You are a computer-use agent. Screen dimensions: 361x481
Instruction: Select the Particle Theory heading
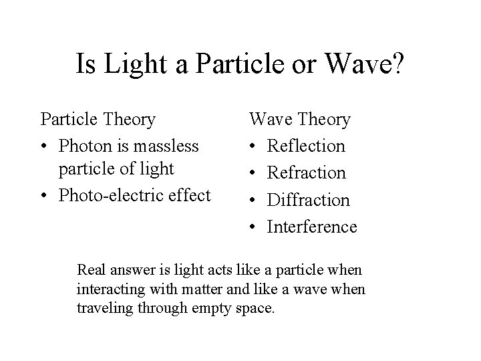click(98, 120)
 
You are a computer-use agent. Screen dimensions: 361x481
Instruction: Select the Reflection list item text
click(306, 146)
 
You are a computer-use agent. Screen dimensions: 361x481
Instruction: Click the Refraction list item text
click(307, 173)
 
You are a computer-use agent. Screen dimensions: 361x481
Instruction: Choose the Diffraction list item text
click(308, 200)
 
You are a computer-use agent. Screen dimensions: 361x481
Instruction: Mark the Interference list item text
click(312, 227)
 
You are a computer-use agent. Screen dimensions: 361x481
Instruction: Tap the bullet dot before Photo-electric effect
click(44, 196)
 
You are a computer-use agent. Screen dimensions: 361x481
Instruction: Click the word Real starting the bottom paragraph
click(92, 270)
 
